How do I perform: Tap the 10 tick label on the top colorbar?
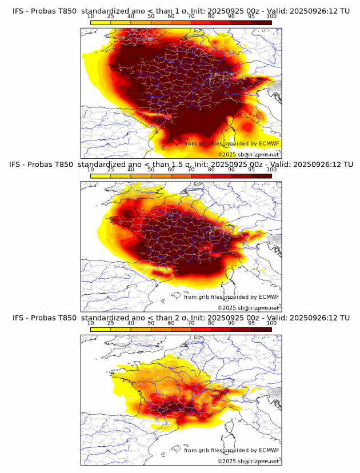90,17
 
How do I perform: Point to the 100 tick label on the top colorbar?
271,17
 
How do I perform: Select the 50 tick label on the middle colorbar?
151,170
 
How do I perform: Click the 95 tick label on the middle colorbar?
251,170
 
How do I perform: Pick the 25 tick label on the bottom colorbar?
110,323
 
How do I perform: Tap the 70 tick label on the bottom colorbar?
191,323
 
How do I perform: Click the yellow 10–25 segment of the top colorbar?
100,22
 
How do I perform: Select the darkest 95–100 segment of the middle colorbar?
261,175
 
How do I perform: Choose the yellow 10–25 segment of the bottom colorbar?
100,329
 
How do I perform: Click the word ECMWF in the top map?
269,143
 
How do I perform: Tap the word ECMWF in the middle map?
269,296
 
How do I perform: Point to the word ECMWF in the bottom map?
269,450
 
